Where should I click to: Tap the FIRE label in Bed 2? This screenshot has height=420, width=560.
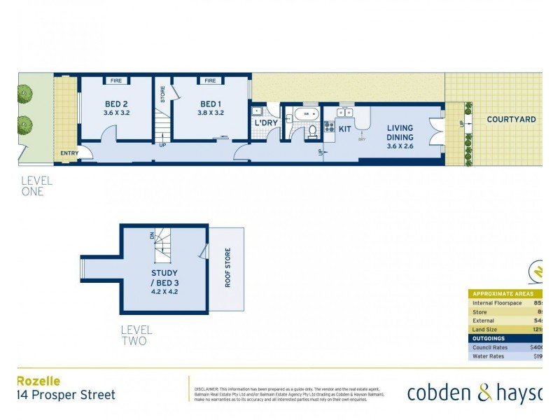(x=116, y=81)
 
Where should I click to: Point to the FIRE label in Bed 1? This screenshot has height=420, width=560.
(x=209, y=81)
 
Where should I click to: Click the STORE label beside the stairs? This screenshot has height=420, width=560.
(x=162, y=94)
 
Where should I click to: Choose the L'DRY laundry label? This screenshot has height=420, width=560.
(x=266, y=123)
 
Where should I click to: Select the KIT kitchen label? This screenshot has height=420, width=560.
(x=344, y=129)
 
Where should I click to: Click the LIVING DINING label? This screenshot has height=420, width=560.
(x=400, y=132)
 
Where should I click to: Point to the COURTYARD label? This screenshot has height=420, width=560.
(x=511, y=120)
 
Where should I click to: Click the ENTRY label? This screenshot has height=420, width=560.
(x=69, y=153)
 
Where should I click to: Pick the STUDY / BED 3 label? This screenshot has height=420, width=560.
(x=164, y=276)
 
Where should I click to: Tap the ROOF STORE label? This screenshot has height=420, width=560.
(x=227, y=269)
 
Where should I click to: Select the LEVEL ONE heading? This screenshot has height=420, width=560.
(x=36, y=185)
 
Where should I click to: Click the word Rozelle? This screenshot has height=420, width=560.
(x=38, y=381)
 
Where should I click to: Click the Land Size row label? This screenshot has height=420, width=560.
(x=487, y=329)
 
